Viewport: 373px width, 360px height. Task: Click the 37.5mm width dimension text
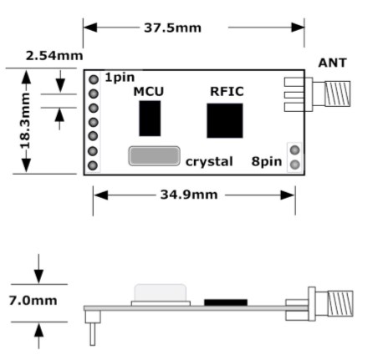coord(172,28)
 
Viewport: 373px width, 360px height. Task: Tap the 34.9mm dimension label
coord(189,195)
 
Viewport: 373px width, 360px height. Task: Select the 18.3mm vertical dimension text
coord(26,121)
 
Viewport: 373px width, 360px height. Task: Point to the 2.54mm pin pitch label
coord(54,56)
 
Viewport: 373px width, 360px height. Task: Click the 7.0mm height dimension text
coord(33,301)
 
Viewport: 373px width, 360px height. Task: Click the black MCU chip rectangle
coord(150,119)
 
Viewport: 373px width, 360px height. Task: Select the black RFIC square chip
coord(225,120)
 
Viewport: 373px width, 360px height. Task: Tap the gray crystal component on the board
coord(154,156)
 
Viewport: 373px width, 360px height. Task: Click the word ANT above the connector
coord(333,63)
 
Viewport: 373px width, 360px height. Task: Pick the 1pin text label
coord(120,78)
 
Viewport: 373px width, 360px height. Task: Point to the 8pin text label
coord(267,161)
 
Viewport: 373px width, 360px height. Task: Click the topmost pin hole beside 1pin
coord(94,79)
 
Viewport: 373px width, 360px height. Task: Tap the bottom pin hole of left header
coord(93,165)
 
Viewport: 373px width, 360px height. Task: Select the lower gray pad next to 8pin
coord(294,165)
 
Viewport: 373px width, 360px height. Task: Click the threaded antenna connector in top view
coord(337,94)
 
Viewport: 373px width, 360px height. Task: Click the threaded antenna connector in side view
coord(340,303)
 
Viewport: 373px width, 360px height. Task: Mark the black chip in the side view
coord(226,302)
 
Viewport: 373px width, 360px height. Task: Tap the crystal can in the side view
coord(161,295)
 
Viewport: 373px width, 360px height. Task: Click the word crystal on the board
coord(209,162)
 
